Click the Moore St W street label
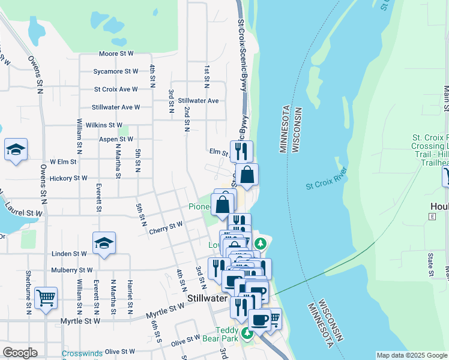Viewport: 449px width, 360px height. tap(115, 53)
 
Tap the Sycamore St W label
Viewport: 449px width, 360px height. tap(115, 71)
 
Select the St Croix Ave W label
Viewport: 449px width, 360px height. tap(115, 89)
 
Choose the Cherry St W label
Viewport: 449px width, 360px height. tap(166, 227)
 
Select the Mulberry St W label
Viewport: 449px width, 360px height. tap(72, 270)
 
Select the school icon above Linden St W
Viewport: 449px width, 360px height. tap(104, 243)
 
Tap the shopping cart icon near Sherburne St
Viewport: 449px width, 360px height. tap(46, 298)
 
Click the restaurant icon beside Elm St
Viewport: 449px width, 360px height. tap(241, 151)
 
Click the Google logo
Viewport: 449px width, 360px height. tap(20, 353)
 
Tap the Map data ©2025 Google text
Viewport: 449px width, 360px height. tap(412, 355)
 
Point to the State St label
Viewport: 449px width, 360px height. tap(430, 265)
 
